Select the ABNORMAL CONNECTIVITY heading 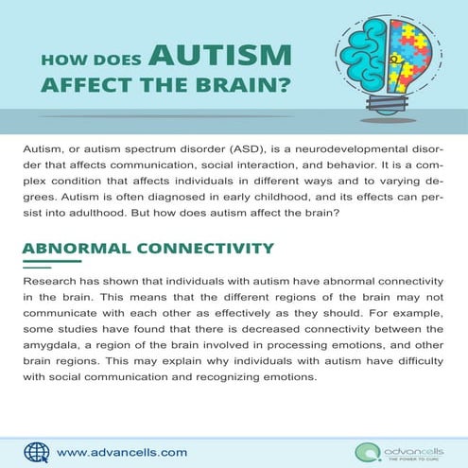coord(147,250)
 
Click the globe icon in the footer coord(36,451)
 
